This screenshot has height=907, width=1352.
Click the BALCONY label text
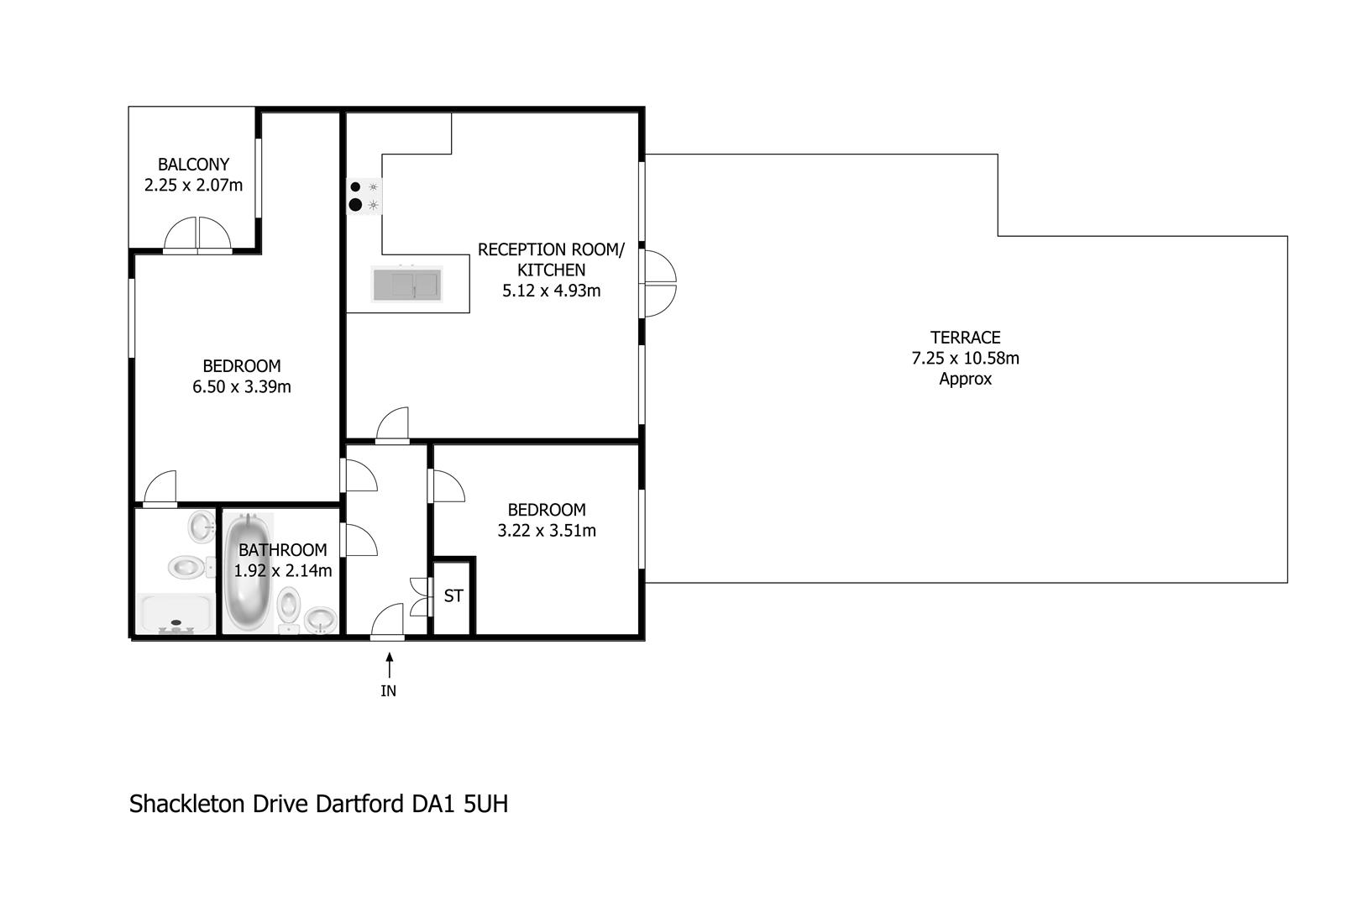tap(193, 164)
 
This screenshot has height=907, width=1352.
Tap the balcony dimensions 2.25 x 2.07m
tap(193, 185)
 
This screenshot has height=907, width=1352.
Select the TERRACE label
tap(965, 338)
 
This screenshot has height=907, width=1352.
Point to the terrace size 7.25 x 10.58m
tap(965, 358)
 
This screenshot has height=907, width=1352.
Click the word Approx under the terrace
tap(965, 379)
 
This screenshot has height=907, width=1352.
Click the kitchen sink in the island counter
tap(407, 284)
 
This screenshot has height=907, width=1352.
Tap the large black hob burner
tap(355, 205)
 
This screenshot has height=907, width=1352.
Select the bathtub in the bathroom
tap(248, 572)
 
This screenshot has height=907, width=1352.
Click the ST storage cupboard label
tap(453, 596)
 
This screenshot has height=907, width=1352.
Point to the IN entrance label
tap(389, 691)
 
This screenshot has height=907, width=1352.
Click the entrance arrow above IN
tap(390, 665)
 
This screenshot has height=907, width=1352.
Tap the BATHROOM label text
tap(282, 550)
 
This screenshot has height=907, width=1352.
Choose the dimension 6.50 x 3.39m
tap(242, 386)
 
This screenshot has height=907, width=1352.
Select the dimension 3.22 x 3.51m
tap(546, 531)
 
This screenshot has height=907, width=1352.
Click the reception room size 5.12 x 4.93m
tap(551, 291)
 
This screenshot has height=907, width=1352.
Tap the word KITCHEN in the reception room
tap(551, 270)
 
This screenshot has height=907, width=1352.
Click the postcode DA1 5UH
tap(460, 804)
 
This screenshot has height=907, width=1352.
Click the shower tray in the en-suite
tap(176, 614)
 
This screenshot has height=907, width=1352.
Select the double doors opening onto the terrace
tap(659, 283)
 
